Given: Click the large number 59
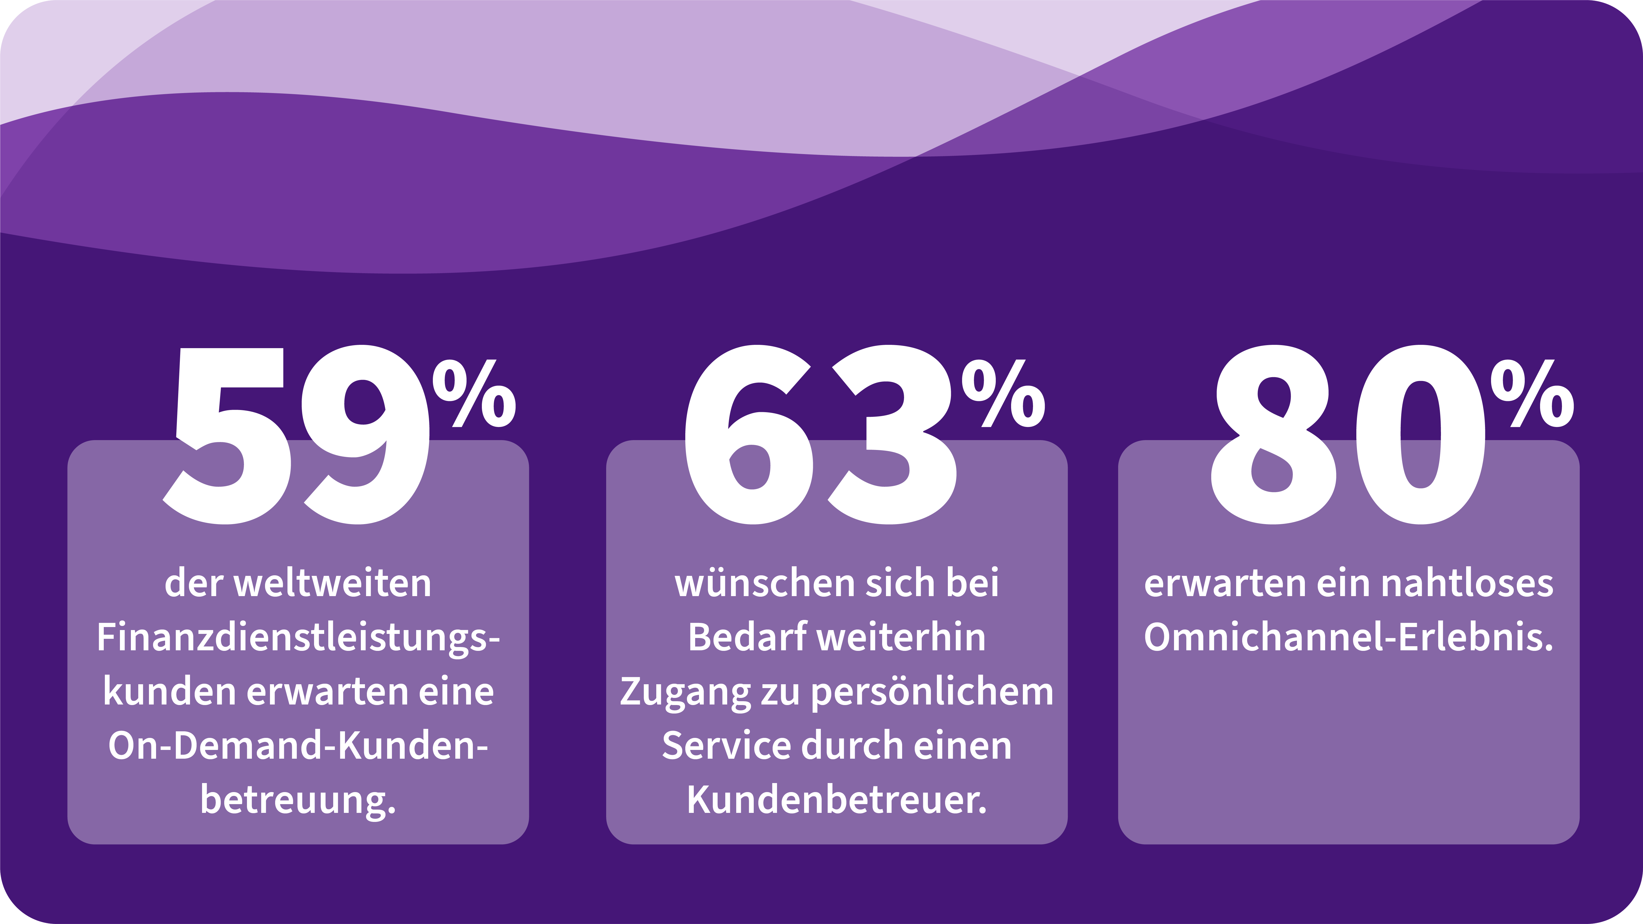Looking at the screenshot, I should (x=297, y=435).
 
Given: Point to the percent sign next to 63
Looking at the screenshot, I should (x=1003, y=394).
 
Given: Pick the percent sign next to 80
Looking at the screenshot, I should (x=1532, y=394).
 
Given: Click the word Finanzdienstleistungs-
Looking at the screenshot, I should (x=298, y=638).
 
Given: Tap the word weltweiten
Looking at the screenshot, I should (x=333, y=584).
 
